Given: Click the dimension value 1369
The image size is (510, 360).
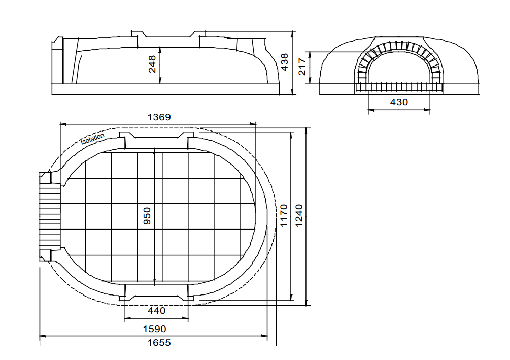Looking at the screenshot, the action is pyautogui.click(x=159, y=117).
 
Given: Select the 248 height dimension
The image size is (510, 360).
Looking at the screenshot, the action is pyautogui.click(x=152, y=64).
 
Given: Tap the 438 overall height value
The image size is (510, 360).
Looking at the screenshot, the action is pyautogui.click(x=285, y=62).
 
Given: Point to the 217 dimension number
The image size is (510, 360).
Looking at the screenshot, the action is pyautogui.click(x=302, y=67).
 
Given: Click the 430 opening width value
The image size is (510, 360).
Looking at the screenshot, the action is pyautogui.click(x=399, y=102).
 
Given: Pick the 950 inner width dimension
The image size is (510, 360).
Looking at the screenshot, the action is pyautogui.click(x=147, y=216).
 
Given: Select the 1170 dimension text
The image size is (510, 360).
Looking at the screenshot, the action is pyautogui.click(x=284, y=215).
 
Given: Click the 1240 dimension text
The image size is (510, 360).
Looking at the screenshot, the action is pyautogui.click(x=299, y=215).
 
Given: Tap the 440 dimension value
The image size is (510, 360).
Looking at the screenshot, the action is pyautogui.click(x=156, y=311).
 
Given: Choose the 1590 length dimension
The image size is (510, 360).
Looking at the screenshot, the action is pyautogui.click(x=154, y=329).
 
